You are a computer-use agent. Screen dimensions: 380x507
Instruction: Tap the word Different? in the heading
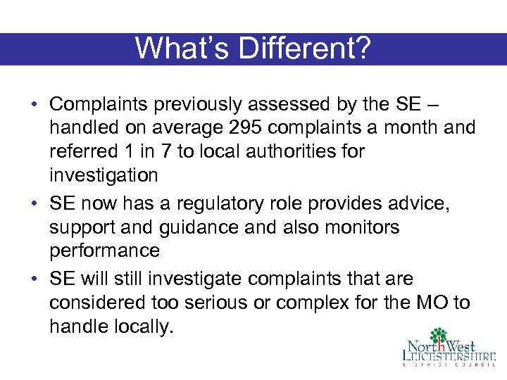pyautogui.click(x=303, y=48)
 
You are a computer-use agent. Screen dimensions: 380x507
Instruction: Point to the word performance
pyautogui.click(x=105, y=251)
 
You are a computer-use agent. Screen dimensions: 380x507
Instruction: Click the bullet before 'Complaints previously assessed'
pyautogui.click(x=34, y=105)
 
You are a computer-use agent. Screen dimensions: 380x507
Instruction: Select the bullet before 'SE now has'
pyautogui.click(x=34, y=204)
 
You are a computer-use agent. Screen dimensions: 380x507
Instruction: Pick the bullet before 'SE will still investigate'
pyautogui.click(x=34, y=279)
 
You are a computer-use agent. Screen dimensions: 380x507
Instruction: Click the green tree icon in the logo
pyautogui.click(x=439, y=337)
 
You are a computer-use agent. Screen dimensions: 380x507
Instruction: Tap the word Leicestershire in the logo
pyautogui.click(x=449, y=356)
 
